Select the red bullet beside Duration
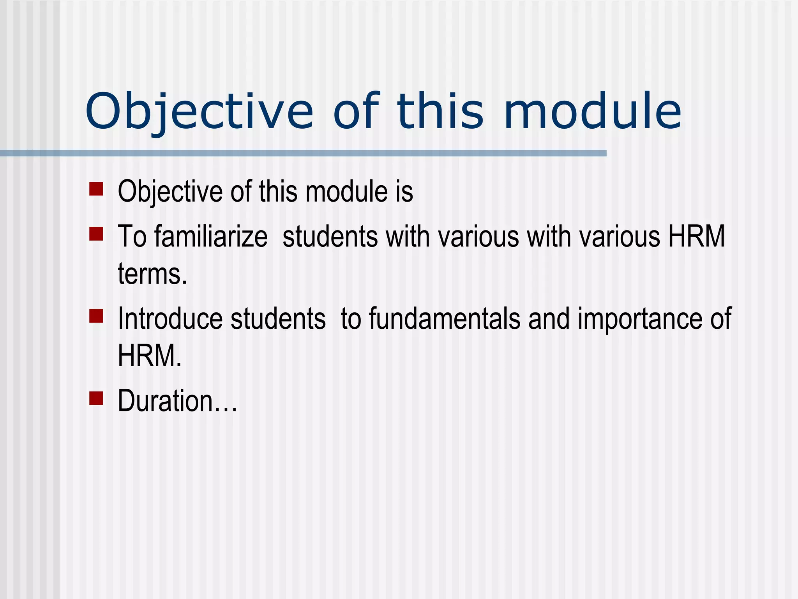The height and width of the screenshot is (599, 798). (96, 399)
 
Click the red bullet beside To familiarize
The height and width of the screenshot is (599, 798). (96, 234)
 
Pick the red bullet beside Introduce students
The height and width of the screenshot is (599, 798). (96, 316)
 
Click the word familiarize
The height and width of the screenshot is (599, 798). (211, 237)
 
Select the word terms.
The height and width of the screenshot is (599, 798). (152, 274)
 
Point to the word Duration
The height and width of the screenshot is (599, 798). (165, 401)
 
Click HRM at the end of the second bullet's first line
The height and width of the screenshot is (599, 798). (697, 237)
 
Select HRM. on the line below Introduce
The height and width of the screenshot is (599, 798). (150, 356)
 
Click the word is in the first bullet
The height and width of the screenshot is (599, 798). (404, 192)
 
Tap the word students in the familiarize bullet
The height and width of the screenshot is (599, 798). (330, 237)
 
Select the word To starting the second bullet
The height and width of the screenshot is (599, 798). (132, 237)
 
